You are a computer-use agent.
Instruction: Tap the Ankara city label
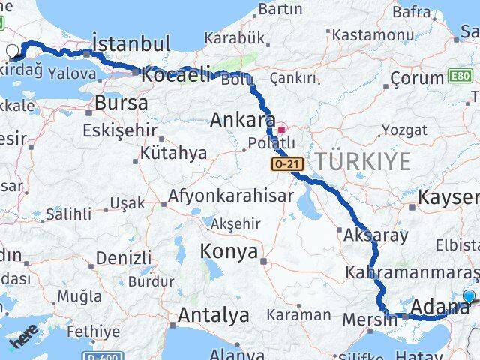pyautogui.click(x=242, y=119)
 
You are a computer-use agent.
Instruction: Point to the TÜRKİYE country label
pyautogui.click(x=363, y=160)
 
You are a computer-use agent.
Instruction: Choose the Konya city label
pyautogui.click(x=229, y=250)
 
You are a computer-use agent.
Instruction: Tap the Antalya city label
pyautogui.click(x=213, y=316)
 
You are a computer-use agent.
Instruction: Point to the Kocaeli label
pyautogui.click(x=175, y=75)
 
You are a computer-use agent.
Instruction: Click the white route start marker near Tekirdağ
pyautogui.click(x=12, y=51)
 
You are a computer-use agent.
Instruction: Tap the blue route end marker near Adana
pyautogui.click(x=469, y=296)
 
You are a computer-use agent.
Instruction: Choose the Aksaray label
pyautogui.click(x=376, y=235)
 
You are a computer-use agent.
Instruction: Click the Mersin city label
pyautogui.click(x=369, y=319)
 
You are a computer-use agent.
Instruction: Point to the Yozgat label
pyautogui.click(x=404, y=130)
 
